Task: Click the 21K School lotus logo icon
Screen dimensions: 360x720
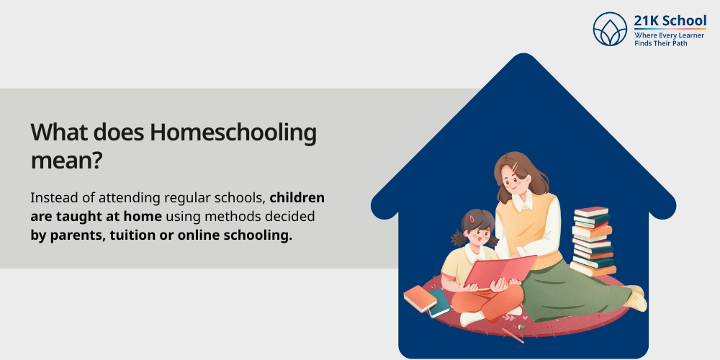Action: click(x=610, y=29)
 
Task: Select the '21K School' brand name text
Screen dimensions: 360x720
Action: click(x=670, y=20)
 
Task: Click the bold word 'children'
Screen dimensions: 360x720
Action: click(x=297, y=198)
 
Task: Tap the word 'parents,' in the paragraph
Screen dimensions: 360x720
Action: click(x=76, y=235)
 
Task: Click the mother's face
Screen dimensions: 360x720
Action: click(x=513, y=183)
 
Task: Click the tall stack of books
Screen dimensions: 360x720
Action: click(x=593, y=241)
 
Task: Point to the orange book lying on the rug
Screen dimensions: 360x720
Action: click(x=420, y=297)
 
